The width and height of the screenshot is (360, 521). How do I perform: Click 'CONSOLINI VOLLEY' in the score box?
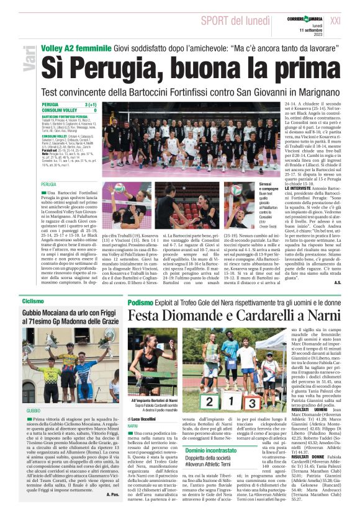tap(59, 110)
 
